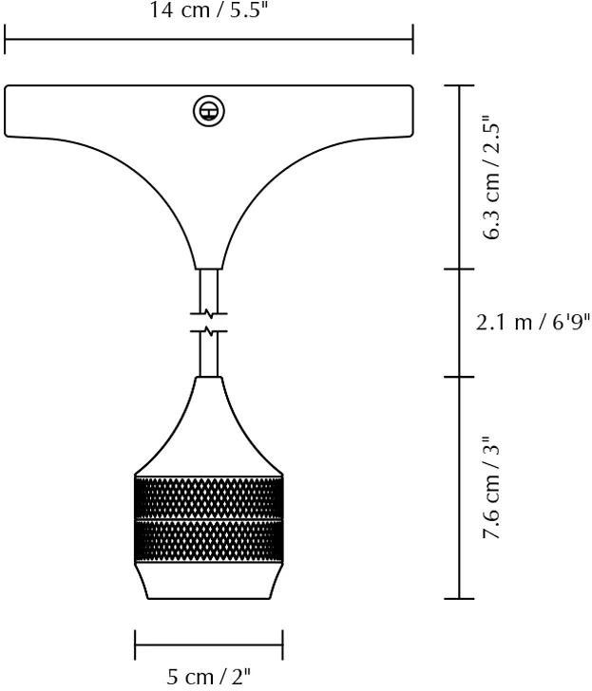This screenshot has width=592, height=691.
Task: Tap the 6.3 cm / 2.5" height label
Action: pos(493,178)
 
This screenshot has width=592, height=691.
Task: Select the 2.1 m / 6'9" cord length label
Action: pos(533,323)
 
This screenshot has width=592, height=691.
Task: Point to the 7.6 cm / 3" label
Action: pos(493,488)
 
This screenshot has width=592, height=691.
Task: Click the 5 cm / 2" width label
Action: pos(209,677)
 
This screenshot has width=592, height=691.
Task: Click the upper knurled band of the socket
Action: pos(209,496)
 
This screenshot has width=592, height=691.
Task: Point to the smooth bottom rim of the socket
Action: pos(209,580)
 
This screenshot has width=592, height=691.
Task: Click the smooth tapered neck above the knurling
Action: pos(209,427)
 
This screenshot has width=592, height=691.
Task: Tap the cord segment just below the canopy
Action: pos(209,289)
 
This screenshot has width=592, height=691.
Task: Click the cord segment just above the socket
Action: pos(209,356)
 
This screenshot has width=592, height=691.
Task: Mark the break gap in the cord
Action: pos(209,322)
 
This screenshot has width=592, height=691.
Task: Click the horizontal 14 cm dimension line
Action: pos(209,40)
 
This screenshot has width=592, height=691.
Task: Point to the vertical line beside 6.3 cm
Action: pos(460,177)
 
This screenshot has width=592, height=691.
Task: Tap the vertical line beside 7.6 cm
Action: pos(460,488)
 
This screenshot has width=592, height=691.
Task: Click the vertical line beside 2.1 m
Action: pos(460,323)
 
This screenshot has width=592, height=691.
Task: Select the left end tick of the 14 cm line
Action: pos(6,40)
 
